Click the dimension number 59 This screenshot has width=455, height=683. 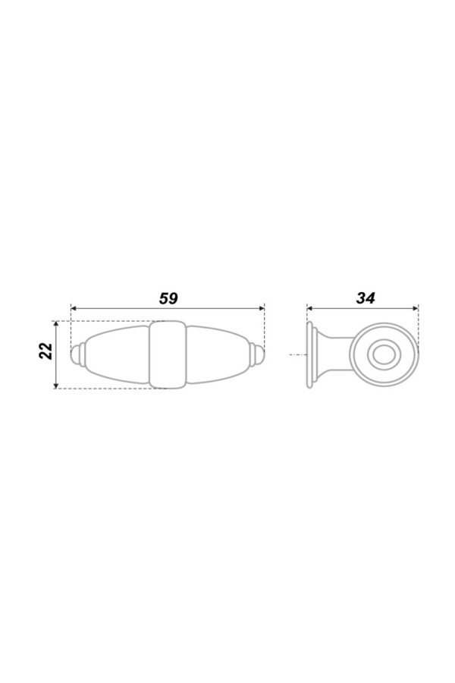168,298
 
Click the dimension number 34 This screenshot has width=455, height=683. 366,298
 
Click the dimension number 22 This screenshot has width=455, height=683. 46,351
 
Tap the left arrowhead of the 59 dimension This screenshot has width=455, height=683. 74,308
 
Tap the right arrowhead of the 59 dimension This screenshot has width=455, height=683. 262,308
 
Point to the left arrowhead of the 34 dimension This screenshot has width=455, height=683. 310,308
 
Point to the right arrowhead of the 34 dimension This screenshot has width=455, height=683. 416,308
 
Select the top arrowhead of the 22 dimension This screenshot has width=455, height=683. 55,325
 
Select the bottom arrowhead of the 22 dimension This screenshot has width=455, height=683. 55,385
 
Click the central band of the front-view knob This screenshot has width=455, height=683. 168,355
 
